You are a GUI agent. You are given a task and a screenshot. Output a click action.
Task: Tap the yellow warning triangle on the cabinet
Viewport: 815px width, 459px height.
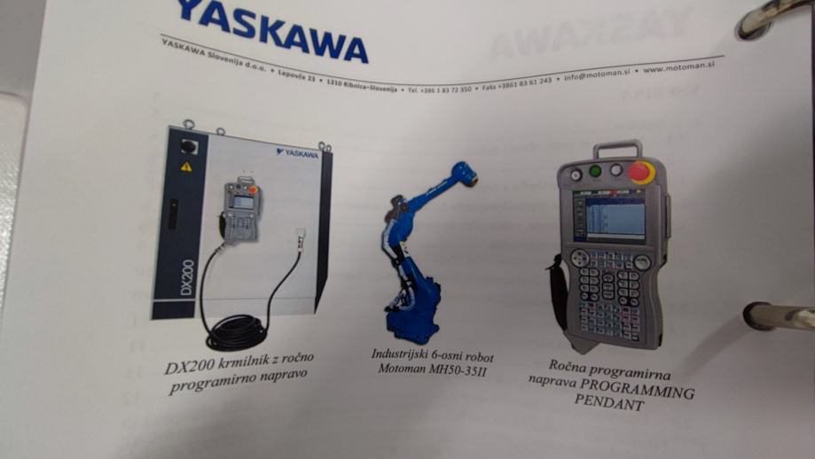pos(186,166)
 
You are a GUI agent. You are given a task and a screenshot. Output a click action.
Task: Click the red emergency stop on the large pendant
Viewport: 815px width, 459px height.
pos(641,171)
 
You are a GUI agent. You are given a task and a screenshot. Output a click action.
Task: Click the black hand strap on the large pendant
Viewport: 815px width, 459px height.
pos(560,292)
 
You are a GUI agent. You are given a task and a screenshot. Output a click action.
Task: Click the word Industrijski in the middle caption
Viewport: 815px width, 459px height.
pos(397,353)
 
